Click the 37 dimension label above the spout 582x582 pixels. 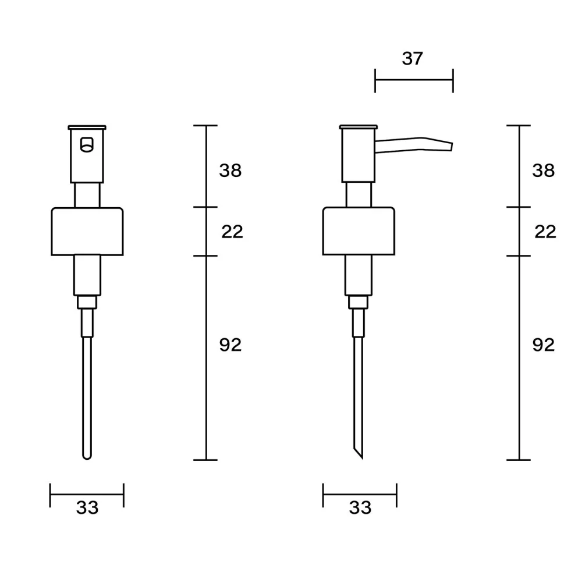pos(413,59)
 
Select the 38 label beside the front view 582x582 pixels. pos(230,171)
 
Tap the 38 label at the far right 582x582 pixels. pos(544,171)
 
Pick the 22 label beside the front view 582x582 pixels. pos(232,232)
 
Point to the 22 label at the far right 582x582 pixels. pos(545,232)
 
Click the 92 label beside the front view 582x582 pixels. pos(230,345)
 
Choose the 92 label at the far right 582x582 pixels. pos(544,345)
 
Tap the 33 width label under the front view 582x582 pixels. pos(87,508)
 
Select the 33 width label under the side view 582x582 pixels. pos(360,508)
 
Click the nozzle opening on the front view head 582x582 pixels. pos(87,145)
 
